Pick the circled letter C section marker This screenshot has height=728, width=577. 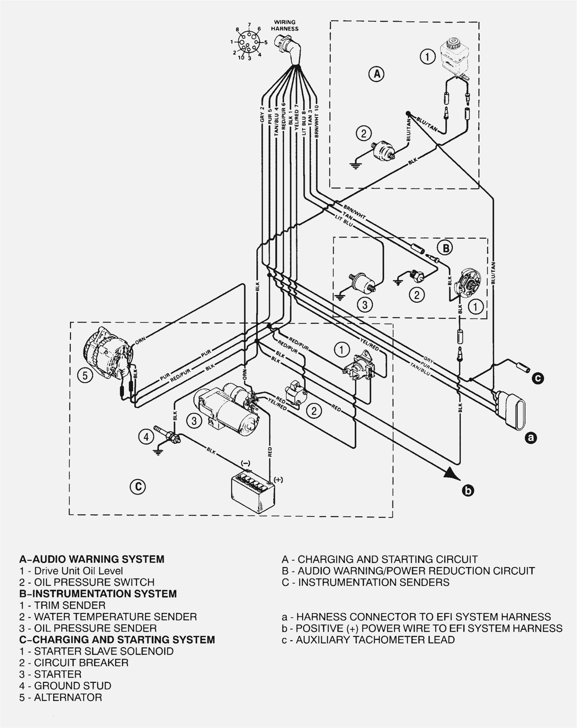138,487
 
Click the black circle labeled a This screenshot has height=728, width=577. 531,438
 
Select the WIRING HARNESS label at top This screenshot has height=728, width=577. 285,25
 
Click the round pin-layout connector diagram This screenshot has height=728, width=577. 248,42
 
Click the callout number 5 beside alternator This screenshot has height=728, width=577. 85,376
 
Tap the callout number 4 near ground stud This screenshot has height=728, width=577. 146,437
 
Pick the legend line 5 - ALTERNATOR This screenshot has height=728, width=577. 61,697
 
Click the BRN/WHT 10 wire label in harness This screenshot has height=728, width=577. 316,121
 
